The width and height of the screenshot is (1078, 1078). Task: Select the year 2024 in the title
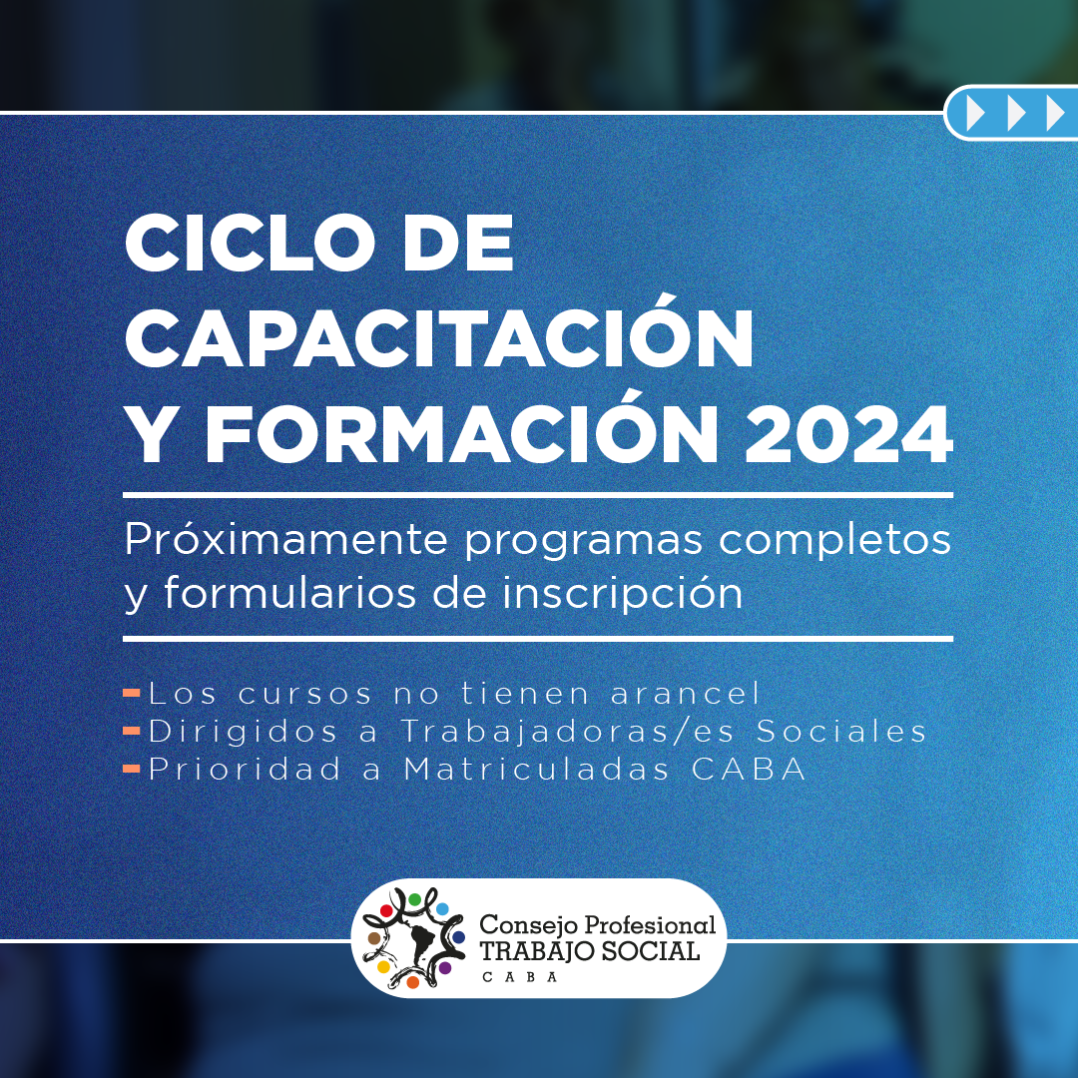(x=848, y=434)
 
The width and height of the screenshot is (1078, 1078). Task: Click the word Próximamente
(x=286, y=540)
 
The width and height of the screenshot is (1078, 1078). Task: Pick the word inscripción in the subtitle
(x=622, y=590)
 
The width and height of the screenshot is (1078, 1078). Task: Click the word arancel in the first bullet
(x=686, y=693)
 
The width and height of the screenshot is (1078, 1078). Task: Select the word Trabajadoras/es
(x=567, y=732)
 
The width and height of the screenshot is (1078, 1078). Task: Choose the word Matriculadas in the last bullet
(x=536, y=769)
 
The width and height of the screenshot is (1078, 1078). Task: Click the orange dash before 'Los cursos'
(x=132, y=694)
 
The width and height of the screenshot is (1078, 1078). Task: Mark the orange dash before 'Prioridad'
(x=132, y=769)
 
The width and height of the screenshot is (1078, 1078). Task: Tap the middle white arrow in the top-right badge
(x=1015, y=114)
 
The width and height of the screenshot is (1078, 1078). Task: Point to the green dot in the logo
(x=414, y=899)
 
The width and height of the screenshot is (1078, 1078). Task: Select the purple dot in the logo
(x=445, y=968)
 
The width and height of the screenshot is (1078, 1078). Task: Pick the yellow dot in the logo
(x=383, y=967)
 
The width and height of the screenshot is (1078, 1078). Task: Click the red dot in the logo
(x=386, y=911)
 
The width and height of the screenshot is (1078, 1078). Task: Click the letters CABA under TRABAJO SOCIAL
(x=520, y=977)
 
